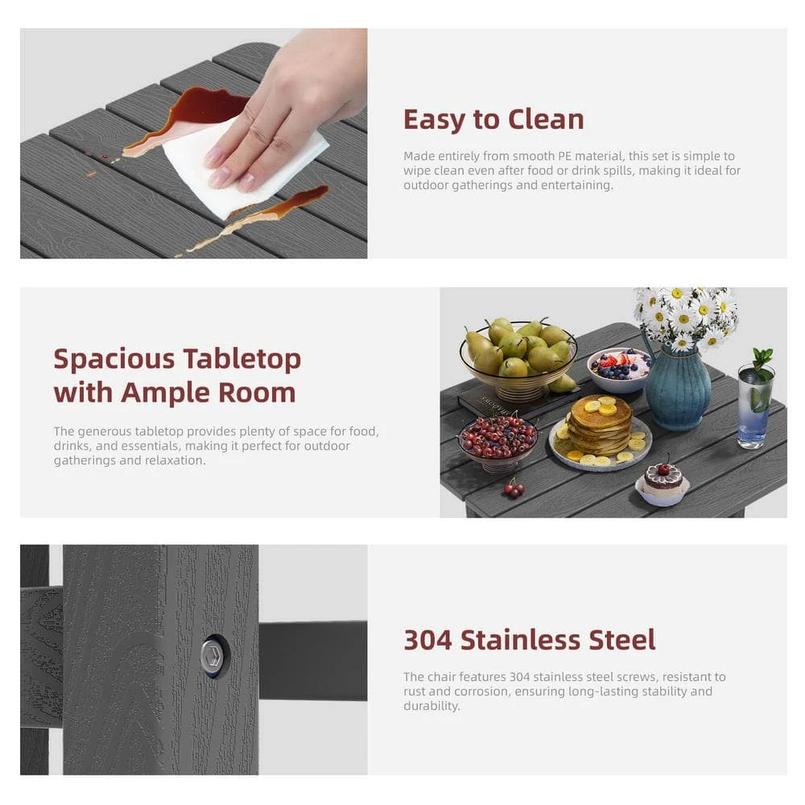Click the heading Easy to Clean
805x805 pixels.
493,120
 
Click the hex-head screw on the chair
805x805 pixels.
212,657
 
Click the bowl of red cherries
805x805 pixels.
497,441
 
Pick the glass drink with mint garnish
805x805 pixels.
756,403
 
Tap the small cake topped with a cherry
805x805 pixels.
663,484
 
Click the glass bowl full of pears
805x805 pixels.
518,358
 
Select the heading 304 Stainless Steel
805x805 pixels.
530,640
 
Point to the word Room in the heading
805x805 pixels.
257,393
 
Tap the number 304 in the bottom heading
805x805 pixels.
427,640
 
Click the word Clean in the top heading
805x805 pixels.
546,120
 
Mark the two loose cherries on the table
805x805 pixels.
514,489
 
